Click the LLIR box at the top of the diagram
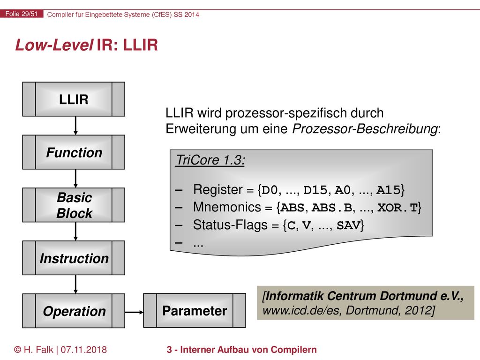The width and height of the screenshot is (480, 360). (x=74, y=99)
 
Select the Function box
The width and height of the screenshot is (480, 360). (x=74, y=152)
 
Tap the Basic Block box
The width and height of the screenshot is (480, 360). (x=74, y=205)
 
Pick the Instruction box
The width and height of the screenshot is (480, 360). (x=74, y=258)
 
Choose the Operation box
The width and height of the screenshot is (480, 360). (x=74, y=311)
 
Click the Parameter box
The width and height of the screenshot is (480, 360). (x=195, y=311)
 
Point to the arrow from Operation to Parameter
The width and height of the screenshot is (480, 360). (x=134, y=312)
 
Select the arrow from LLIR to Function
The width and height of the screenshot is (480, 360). (x=75, y=126)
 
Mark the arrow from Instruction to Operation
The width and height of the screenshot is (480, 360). (x=75, y=285)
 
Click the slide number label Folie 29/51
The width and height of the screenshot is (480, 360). (x=22, y=14)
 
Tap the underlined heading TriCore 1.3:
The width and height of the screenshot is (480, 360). (x=210, y=160)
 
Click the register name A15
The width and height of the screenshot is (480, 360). (x=388, y=190)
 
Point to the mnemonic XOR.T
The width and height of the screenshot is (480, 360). (x=397, y=208)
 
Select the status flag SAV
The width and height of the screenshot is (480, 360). (x=348, y=225)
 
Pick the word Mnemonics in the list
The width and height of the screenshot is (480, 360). (x=227, y=207)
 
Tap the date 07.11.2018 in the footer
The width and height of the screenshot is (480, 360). (x=83, y=350)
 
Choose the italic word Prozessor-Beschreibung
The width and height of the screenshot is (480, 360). (x=365, y=129)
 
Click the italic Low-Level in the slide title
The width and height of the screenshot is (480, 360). (x=54, y=45)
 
